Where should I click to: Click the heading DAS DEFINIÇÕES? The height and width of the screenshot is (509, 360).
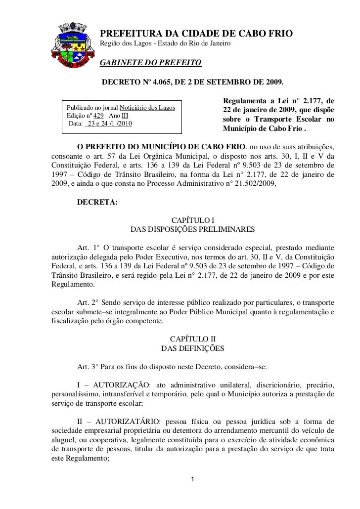[193, 348]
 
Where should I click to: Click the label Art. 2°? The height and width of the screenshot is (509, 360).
[88, 302]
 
